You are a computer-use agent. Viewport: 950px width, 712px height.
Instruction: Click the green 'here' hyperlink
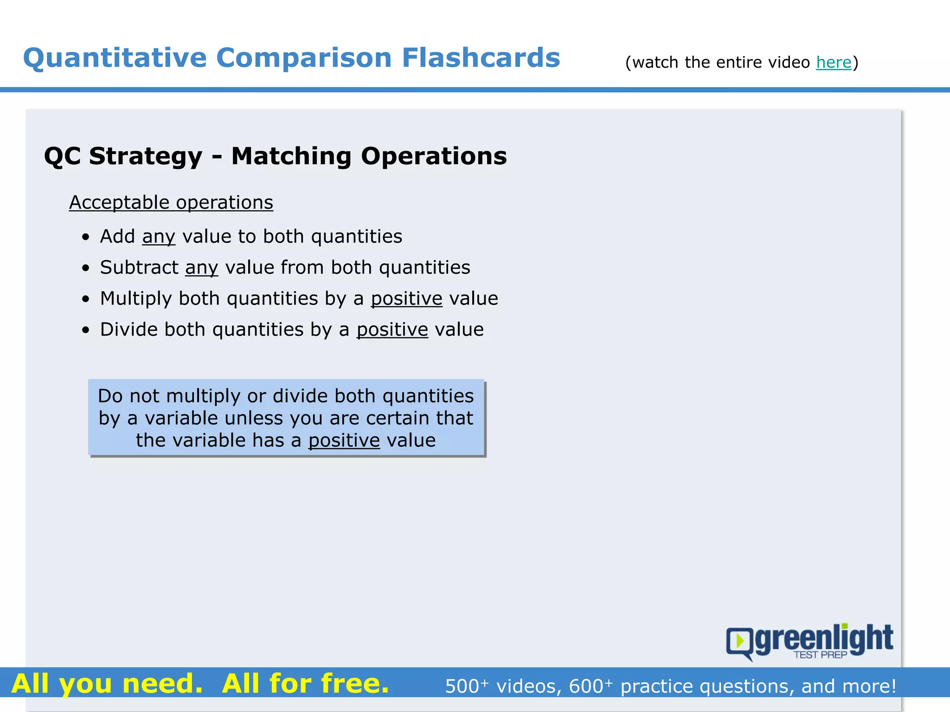coord(834,62)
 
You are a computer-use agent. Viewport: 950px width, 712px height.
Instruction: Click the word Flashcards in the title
coord(481,58)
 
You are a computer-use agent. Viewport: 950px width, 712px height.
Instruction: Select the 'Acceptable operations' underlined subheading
coord(171,203)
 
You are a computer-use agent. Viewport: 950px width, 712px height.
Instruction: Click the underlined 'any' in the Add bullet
coord(159,237)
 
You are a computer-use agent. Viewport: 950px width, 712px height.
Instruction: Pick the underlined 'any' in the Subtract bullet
coord(201,268)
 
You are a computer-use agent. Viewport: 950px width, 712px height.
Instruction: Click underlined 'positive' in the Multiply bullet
coord(406,299)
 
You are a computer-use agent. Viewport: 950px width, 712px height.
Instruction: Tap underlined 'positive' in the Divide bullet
coord(392,330)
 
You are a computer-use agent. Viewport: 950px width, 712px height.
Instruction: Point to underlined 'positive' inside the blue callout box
coord(344,440)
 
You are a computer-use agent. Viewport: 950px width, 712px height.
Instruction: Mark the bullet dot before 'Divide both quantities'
coord(85,331)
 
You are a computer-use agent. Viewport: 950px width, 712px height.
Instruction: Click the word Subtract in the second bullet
coord(139,267)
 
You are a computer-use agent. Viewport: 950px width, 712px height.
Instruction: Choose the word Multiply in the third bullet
coord(136,299)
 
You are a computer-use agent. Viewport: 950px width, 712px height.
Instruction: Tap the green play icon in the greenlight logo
coord(740,641)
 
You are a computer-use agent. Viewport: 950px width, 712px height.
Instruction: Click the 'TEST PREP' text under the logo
coord(820,655)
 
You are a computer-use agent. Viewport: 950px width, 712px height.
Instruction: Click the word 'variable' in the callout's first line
coord(183,418)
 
